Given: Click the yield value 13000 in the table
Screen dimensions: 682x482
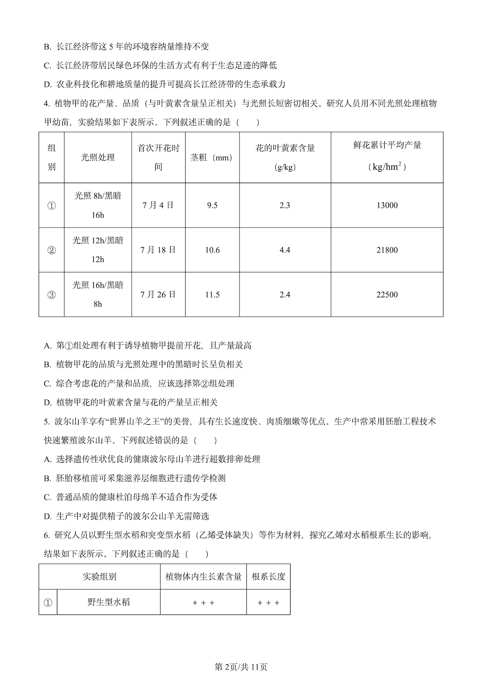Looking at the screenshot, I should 387,205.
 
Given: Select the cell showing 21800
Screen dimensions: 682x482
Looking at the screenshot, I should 387,250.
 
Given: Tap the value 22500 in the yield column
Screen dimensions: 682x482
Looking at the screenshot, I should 387,294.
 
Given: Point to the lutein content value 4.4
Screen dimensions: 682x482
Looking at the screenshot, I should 285,250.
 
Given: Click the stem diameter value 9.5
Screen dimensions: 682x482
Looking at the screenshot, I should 212,205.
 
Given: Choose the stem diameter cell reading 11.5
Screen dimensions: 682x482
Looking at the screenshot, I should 212,294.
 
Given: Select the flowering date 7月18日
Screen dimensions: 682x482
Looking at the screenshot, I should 158,250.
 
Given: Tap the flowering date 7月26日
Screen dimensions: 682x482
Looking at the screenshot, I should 158,294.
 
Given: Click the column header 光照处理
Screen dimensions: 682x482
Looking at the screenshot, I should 98,158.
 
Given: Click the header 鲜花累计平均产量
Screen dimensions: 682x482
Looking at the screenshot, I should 387,145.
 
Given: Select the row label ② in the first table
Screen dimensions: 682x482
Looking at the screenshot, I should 52,250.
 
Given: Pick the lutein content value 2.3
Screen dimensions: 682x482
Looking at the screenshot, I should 285,205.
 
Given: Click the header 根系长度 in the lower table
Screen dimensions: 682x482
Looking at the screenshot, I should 268,576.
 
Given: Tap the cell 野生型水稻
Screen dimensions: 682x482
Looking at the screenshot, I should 108,602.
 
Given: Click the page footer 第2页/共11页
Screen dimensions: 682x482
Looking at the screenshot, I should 241,667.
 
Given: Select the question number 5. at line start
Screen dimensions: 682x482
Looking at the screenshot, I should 46,421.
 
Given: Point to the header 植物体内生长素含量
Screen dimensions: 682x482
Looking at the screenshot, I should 203,576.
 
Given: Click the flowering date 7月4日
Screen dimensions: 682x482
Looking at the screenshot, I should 158,205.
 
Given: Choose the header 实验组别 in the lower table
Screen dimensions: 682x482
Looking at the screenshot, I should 99,576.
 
